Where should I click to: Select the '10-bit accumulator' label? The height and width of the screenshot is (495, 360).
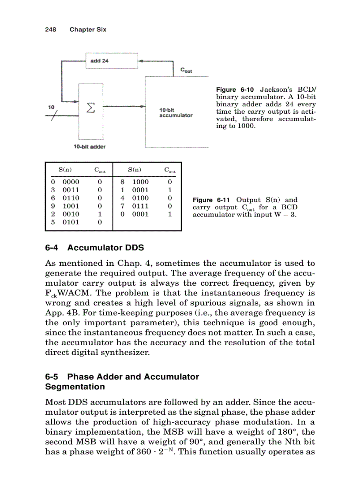tap(175, 112)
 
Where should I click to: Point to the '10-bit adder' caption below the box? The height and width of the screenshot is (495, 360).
tap(90, 146)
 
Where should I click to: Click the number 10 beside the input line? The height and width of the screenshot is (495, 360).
tap(51, 107)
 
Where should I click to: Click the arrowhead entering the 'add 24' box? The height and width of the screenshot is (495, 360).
tap(141, 61)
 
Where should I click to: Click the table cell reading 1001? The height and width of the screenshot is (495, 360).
tap(71, 206)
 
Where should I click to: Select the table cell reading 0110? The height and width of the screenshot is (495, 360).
tap(71, 198)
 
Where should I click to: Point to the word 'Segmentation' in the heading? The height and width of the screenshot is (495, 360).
tap(75, 387)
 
